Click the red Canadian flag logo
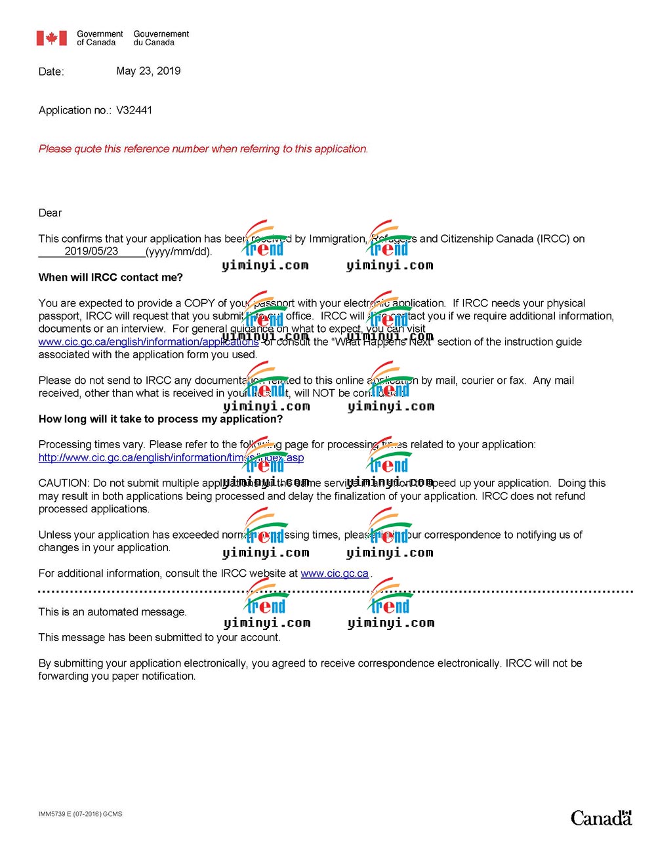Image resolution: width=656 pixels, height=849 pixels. tap(51, 38)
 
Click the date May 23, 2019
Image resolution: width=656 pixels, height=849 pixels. tap(148, 71)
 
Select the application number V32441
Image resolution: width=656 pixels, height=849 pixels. tap(134, 110)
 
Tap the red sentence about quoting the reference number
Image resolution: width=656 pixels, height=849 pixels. tap(203, 149)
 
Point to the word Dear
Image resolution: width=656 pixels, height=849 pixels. tap(50, 213)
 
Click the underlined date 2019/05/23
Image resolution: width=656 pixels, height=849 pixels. tap(91, 251)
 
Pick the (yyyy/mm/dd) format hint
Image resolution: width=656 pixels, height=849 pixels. tap(178, 252)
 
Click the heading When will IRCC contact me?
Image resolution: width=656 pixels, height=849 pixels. tap(111, 278)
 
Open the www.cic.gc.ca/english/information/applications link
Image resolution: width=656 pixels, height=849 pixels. tap(148, 342)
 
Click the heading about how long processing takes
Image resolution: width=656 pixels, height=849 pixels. tap(161, 419)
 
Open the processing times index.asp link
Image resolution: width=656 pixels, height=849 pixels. tap(171, 458)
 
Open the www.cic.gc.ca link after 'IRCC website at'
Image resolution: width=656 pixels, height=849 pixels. tap(335, 573)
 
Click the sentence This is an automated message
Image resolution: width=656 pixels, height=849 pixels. tap(112, 612)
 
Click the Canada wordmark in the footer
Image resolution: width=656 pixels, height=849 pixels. tap(600, 818)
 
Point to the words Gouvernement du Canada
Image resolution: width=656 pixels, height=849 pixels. tap(161, 38)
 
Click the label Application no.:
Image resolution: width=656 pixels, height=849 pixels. tap(75, 110)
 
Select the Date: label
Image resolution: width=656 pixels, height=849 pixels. tap(51, 72)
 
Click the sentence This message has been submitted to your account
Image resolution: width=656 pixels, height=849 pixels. tap(159, 638)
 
